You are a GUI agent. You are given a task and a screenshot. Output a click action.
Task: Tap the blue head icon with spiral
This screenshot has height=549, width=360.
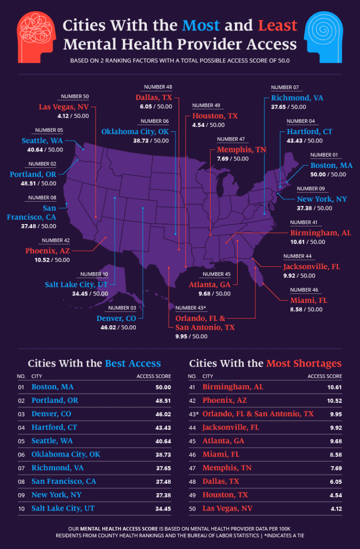click(324, 32)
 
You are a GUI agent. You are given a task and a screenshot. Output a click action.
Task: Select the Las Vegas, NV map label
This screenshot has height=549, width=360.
click(63, 107)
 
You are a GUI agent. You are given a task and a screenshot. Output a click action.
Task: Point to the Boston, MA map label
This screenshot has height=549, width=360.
click(331, 165)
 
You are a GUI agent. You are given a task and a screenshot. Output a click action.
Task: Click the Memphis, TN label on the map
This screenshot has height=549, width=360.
click(241, 150)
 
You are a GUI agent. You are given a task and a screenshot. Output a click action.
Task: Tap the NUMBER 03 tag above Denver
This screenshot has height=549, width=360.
click(122, 308)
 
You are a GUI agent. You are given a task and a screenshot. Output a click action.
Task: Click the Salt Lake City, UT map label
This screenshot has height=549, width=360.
click(76, 285)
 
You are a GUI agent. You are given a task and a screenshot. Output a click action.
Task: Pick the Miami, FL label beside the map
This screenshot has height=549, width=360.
click(308, 300)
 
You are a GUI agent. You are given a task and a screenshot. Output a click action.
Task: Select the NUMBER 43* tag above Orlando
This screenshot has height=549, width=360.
click(191, 308)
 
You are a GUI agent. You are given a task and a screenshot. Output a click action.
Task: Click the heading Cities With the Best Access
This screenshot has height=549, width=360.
click(94, 363)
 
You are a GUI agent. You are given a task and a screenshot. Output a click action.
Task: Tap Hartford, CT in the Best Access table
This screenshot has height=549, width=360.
click(54, 428)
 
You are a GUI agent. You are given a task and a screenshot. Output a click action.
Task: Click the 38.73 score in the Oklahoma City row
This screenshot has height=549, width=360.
click(163, 455)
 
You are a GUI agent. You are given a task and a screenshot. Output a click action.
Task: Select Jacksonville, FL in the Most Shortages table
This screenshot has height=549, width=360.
click(231, 428)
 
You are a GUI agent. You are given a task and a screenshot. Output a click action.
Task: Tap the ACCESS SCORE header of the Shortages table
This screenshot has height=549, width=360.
click(324, 376)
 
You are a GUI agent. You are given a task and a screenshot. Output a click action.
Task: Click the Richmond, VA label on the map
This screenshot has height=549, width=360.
click(297, 98)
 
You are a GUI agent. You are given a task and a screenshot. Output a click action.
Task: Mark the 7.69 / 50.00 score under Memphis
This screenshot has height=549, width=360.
click(232, 159)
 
